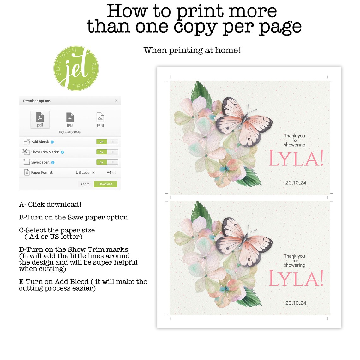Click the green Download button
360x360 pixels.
[105, 184]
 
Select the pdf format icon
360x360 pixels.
[40, 120]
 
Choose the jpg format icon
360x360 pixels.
[70, 119]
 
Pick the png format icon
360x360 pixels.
[100, 119]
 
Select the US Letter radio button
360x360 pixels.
[94, 173]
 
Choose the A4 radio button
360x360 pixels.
[114, 173]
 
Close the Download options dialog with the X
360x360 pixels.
[117, 101]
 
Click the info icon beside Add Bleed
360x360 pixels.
[52, 142]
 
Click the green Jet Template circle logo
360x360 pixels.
[76, 68]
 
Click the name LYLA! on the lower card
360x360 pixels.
[296, 279]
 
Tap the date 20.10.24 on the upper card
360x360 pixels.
[296, 183]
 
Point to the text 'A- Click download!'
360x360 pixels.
[50, 204]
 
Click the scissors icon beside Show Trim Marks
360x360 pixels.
[26, 152]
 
